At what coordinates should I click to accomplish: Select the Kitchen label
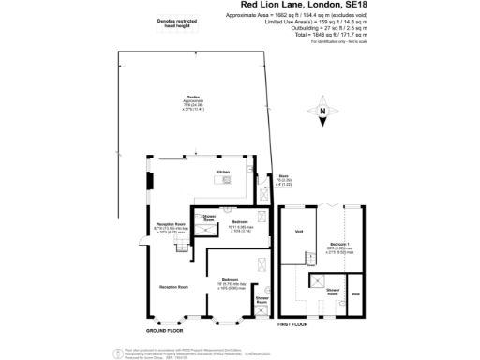(x=222, y=172)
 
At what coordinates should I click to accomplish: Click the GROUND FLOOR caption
(x=164, y=331)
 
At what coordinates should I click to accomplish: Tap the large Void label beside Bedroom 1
(x=299, y=232)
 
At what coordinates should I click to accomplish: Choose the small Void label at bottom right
(x=355, y=295)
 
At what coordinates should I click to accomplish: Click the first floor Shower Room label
(x=333, y=292)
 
